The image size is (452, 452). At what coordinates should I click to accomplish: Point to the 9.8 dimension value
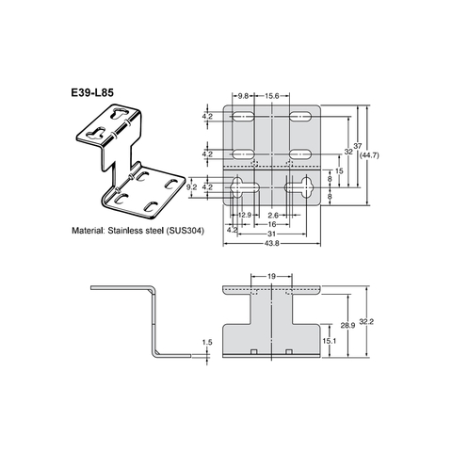(x=243, y=95)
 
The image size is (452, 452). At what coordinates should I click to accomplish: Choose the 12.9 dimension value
(x=243, y=215)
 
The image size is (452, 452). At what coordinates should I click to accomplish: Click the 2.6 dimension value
(x=271, y=215)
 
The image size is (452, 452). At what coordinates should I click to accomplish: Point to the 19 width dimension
(x=272, y=277)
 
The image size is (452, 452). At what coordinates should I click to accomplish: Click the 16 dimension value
(x=271, y=225)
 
